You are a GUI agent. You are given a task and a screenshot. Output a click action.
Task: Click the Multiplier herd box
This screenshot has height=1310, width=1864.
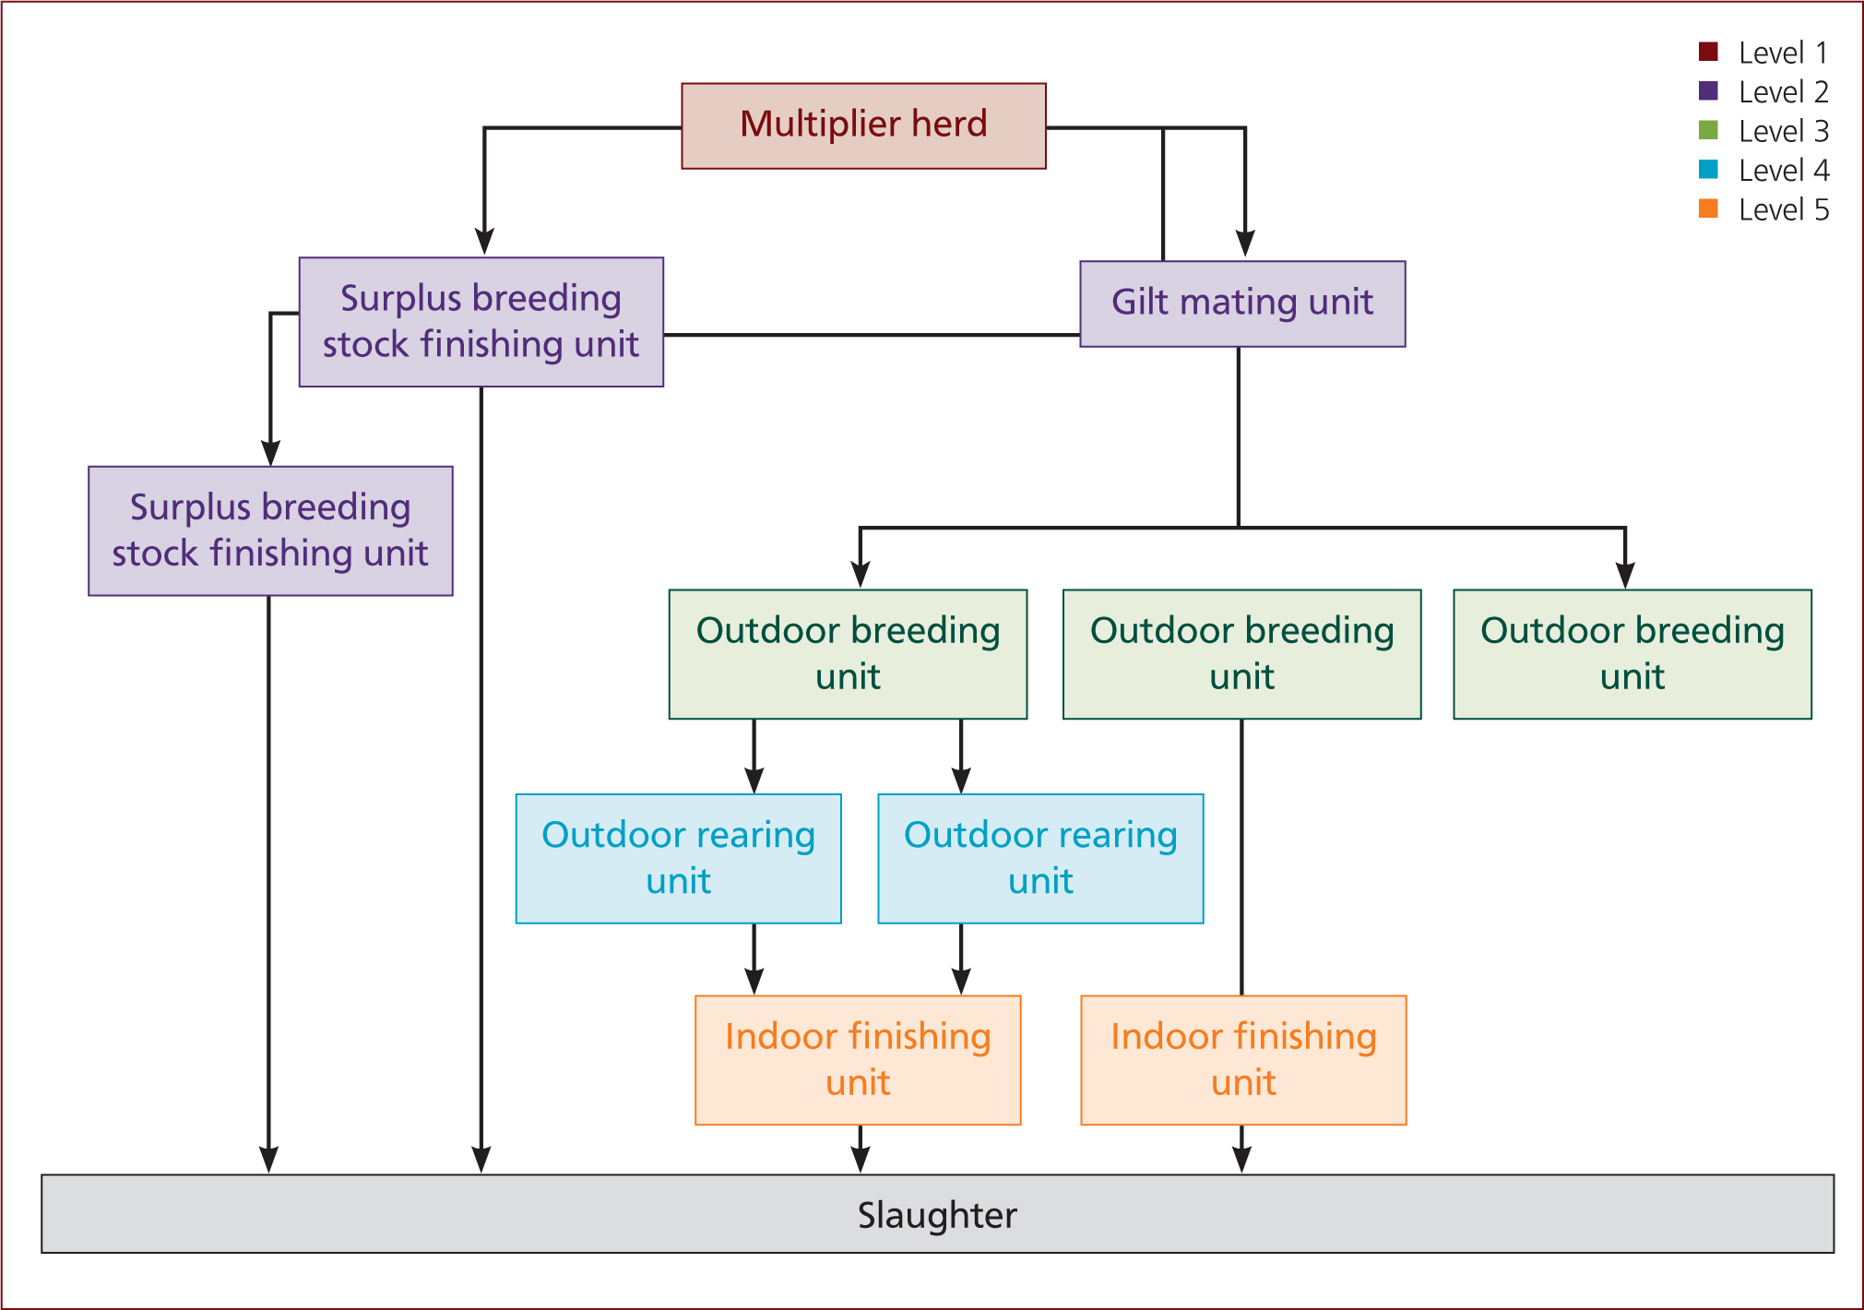tap(863, 125)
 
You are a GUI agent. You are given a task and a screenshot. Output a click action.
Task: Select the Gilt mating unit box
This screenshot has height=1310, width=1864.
tap(1242, 304)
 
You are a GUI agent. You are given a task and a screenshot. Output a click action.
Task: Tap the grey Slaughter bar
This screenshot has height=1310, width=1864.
tap(937, 1213)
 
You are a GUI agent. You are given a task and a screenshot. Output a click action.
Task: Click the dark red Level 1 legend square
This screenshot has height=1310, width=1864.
tap(1708, 52)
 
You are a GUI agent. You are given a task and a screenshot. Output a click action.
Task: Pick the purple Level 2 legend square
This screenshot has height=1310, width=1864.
tap(1708, 91)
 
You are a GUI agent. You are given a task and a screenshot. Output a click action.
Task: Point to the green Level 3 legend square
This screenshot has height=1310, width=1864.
tap(1708, 130)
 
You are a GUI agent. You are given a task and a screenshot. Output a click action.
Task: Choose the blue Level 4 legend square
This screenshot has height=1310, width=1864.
tap(1708, 170)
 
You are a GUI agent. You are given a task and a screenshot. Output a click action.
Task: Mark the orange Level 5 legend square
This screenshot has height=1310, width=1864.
tap(1708, 208)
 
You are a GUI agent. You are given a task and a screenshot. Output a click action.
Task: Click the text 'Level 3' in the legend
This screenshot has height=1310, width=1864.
tap(1784, 131)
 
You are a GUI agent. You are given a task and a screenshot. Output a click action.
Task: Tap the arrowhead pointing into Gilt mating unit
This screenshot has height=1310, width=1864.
tap(1245, 244)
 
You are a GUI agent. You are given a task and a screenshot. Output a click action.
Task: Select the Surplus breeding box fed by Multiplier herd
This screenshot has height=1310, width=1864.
tap(481, 322)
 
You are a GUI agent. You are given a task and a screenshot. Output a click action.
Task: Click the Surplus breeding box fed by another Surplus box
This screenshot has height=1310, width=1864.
tap(270, 530)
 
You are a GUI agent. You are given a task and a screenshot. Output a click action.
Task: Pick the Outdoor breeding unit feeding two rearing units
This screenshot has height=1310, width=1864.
tap(848, 654)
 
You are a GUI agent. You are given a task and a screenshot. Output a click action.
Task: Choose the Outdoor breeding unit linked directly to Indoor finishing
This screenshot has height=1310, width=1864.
tap(1241, 654)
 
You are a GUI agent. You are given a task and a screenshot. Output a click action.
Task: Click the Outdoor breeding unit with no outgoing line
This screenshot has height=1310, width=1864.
tap(1632, 654)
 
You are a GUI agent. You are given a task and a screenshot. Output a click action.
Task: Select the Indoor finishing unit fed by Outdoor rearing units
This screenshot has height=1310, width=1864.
tap(858, 1060)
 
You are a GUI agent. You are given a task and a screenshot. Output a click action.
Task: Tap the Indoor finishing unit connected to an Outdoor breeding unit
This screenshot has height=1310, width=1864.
tap(1243, 1060)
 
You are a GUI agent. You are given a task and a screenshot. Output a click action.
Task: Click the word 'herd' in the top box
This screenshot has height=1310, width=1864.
tap(949, 124)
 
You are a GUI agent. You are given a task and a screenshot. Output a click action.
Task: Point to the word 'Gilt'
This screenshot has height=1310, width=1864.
tap(1140, 302)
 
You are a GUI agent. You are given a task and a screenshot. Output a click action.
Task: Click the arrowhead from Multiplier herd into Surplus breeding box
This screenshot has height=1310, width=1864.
tap(484, 242)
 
